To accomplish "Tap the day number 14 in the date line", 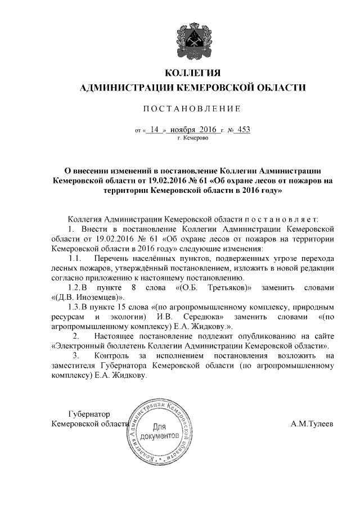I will tap(155, 129).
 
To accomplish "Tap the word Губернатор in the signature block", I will tap(90, 414).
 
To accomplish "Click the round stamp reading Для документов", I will tap(161, 431).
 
